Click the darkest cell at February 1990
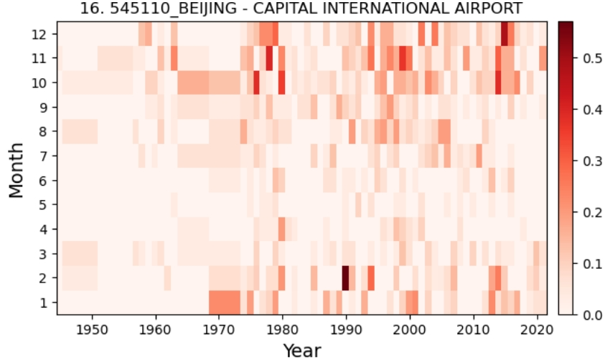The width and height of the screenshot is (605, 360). (345, 278)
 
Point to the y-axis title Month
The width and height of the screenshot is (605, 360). (17, 169)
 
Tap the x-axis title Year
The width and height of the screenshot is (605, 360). (301, 350)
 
